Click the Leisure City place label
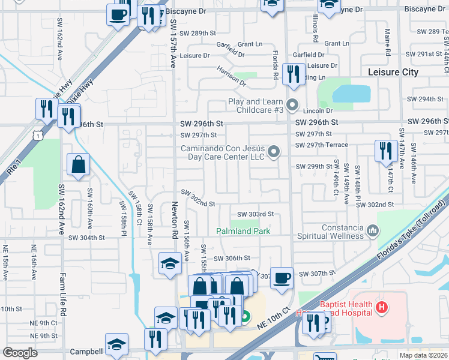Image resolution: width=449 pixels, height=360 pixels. click(393, 72)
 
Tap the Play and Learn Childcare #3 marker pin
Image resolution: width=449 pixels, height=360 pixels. click(292, 106)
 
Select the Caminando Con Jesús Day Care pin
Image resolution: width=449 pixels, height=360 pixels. click(274, 152)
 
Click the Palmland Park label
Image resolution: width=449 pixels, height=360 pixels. click(243, 231)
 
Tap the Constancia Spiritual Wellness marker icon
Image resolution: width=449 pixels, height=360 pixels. click(373, 230)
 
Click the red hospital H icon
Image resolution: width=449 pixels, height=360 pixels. click(380, 308)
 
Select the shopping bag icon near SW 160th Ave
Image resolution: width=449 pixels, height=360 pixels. click(79, 164)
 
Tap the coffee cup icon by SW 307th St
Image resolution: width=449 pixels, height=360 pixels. click(282, 277)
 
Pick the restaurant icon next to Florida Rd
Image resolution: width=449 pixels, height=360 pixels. click(294, 74)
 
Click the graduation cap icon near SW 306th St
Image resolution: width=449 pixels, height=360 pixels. click(170, 263)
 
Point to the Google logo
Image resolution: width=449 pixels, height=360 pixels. click(20, 353)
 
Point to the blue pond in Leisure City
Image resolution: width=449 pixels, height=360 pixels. click(351, 94)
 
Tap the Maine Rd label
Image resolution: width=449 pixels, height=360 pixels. click(388, 45)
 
